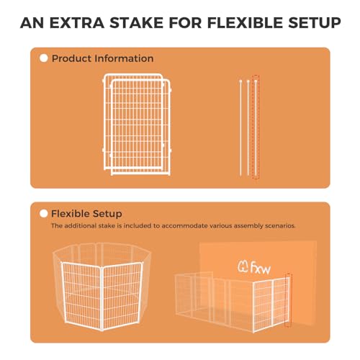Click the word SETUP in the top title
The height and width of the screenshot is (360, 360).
pyautogui.click(x=315, y=23)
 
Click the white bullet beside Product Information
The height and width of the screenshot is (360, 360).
pyautogui.click(x=44, y=58)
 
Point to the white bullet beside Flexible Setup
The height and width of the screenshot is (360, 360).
pyautogui.click(x=44, y=214)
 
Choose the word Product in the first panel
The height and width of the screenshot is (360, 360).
pyautogui.click(x=71, y=58)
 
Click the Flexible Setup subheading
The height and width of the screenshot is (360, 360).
pyautogui.click(x=86, y=214)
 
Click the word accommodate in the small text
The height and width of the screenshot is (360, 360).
pyautogui.click(x=184, y=226)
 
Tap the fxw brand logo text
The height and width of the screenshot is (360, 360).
pyautogui.click(x=261, y=268)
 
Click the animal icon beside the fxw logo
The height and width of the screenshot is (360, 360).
pyautogui.click(x=243, y=267)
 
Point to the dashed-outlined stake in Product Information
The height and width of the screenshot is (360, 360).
pyautogui.click(x=256, y=127)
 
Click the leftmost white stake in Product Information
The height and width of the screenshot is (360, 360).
pyautogui.click(x=240, y=127)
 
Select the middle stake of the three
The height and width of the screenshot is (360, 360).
pyautogui.click(x=248, y=127)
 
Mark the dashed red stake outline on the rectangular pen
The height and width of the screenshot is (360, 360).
pyautogui.click(x=288, y=300)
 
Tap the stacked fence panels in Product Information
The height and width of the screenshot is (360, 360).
pyautogui.click(x=137, y=125)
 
